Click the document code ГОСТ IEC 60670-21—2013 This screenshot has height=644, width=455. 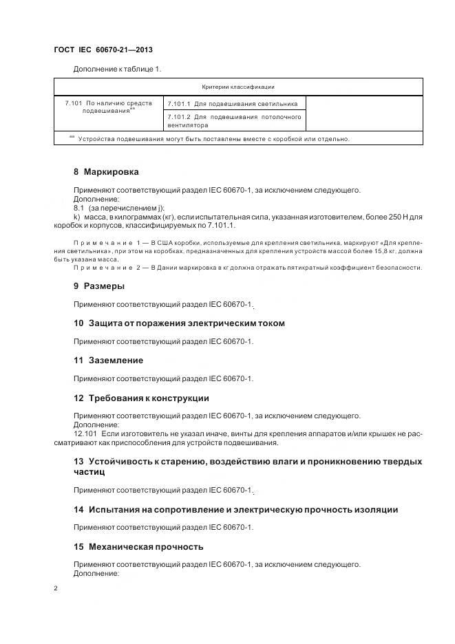coord(103,50)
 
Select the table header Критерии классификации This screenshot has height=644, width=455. coord(238,87)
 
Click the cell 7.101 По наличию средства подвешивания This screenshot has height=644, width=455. coord(108,107)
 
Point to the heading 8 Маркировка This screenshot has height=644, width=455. coord(106,172)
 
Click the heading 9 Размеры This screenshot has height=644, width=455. coord(98,286)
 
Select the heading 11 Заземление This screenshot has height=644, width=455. coord(108,360)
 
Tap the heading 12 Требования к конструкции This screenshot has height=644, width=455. coord(141,398)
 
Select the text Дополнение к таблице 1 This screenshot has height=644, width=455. coord(117,69)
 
